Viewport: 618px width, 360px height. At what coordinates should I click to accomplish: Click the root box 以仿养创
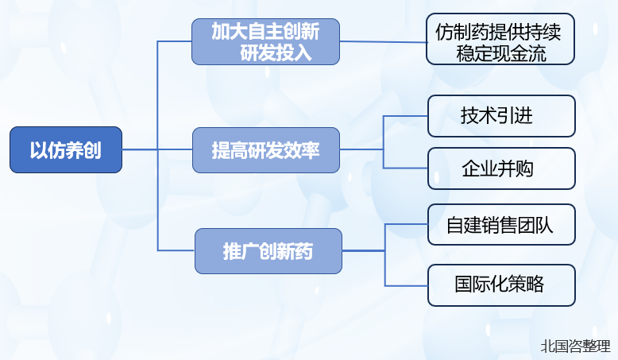tap(66, 149)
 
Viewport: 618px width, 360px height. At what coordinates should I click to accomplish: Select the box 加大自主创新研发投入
tap(265, 42)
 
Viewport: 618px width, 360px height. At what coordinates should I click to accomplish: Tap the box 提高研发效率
tap(265, 150)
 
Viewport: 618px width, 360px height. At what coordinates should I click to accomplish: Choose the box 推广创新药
tap(268, 251)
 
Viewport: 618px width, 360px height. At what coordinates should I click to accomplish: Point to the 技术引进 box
tap(500, 116)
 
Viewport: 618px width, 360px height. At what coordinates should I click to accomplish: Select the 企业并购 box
tap(500, 168)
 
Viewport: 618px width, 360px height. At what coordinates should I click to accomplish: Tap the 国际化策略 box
tap(500, 285)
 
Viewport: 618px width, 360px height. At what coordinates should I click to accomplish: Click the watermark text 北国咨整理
tap(575, 346)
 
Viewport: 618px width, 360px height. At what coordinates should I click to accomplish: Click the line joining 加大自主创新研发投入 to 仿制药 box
tap(383, 41)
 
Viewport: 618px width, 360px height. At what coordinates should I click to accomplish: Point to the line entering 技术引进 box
tap(405, 116)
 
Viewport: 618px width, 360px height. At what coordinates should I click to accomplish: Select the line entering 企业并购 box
tap(405, 168)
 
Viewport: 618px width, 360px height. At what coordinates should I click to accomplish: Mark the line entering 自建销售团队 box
tap(406, 224)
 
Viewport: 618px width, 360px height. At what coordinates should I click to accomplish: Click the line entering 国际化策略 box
tap(406, 285)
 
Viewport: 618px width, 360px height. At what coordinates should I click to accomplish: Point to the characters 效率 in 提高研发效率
tap(301, 150)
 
